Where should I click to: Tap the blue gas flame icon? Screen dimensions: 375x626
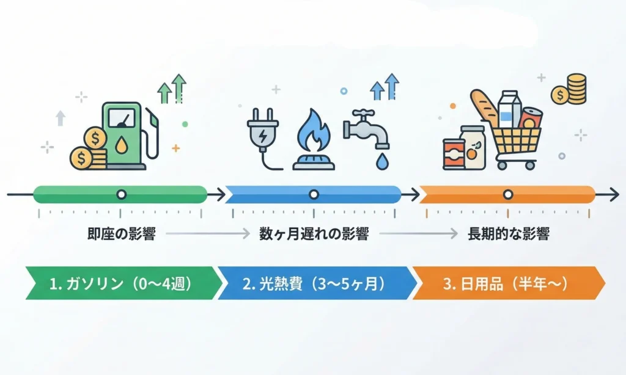pyautogui.click(x=312, y=138)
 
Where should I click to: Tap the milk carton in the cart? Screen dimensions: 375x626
pyautogui.click(x=508, y=110)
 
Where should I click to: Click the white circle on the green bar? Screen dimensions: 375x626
pyautogui.click(x=121, y=195)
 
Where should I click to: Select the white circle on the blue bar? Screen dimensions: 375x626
pyautogui.click(x=314, y=195)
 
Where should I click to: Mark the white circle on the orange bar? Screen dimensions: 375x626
pyautogui.click(x=507, y=195)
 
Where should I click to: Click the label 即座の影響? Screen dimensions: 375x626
pyautogui.click(x=121, y=234)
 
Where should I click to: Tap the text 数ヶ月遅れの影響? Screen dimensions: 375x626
pyautogui.click(x=314, y=234)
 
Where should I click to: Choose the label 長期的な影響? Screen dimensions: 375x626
pyautogui.click(x=507, y=234)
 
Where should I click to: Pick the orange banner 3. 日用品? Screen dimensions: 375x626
pyautogui.click(x=507, y=283)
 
